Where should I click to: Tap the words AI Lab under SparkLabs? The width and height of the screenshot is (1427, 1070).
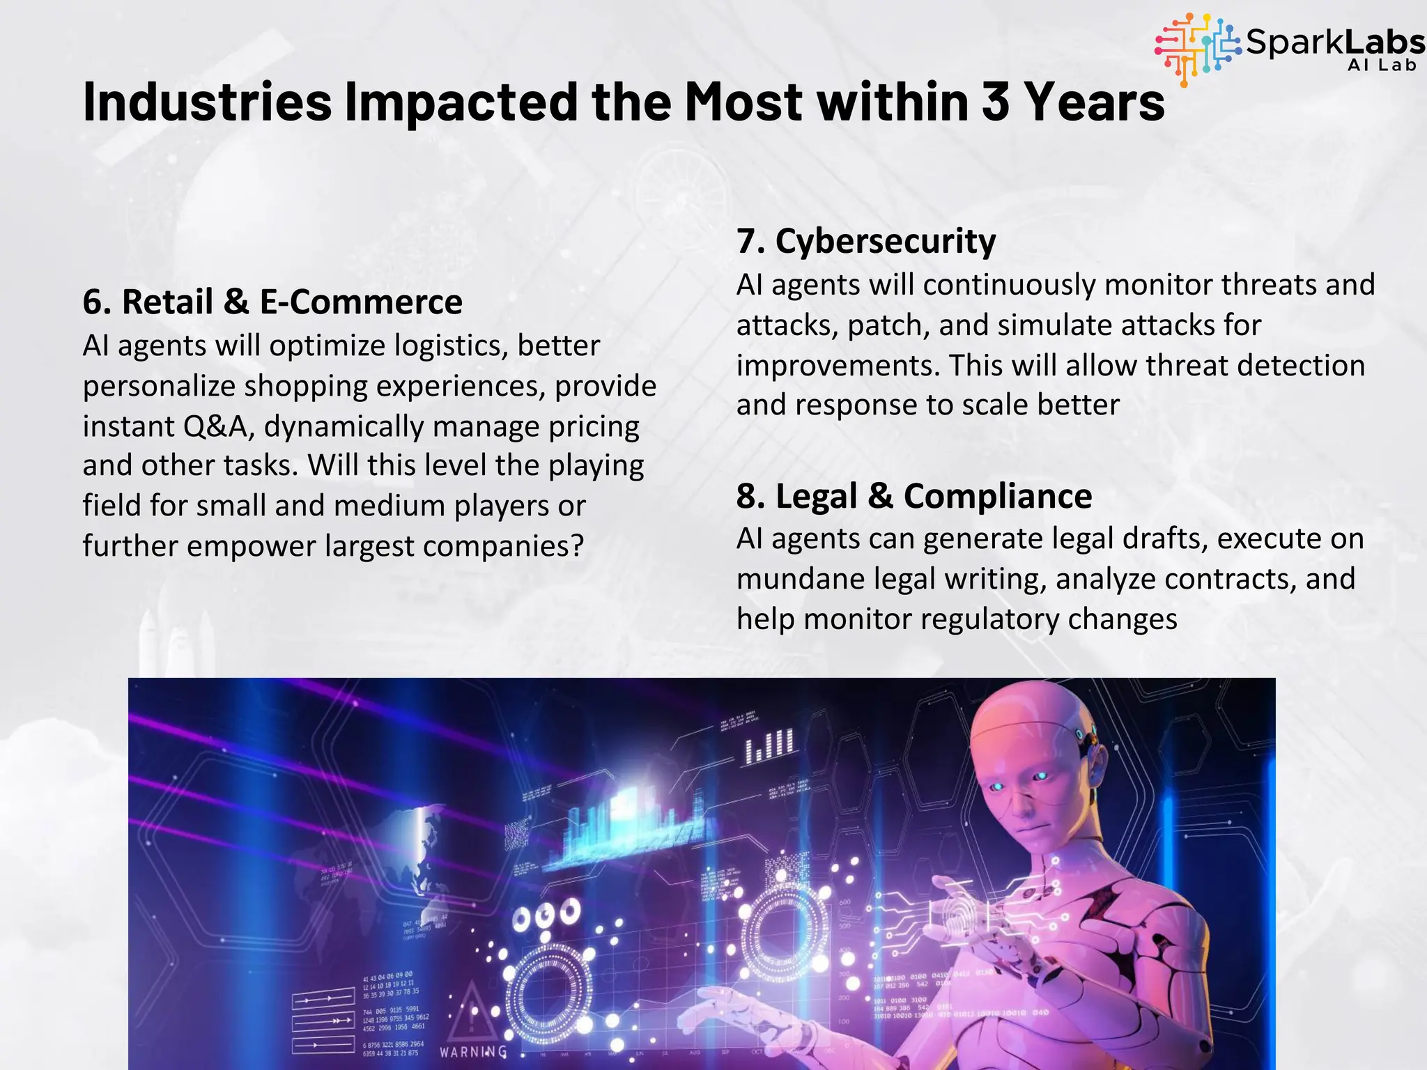(x=1382, y=65)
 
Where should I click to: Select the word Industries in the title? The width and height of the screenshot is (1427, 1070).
(x=207, y=102)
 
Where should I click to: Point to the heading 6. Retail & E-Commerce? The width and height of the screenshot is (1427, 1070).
(x=272, y=302)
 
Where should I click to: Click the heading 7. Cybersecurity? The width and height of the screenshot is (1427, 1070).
(x=866, y=242)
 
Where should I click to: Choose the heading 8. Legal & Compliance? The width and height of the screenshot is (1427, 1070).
(x=914, y=497)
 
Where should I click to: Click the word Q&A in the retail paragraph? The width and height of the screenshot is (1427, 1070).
(x=218, y=426)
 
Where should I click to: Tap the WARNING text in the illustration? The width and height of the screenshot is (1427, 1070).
(x=473, y=1051)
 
